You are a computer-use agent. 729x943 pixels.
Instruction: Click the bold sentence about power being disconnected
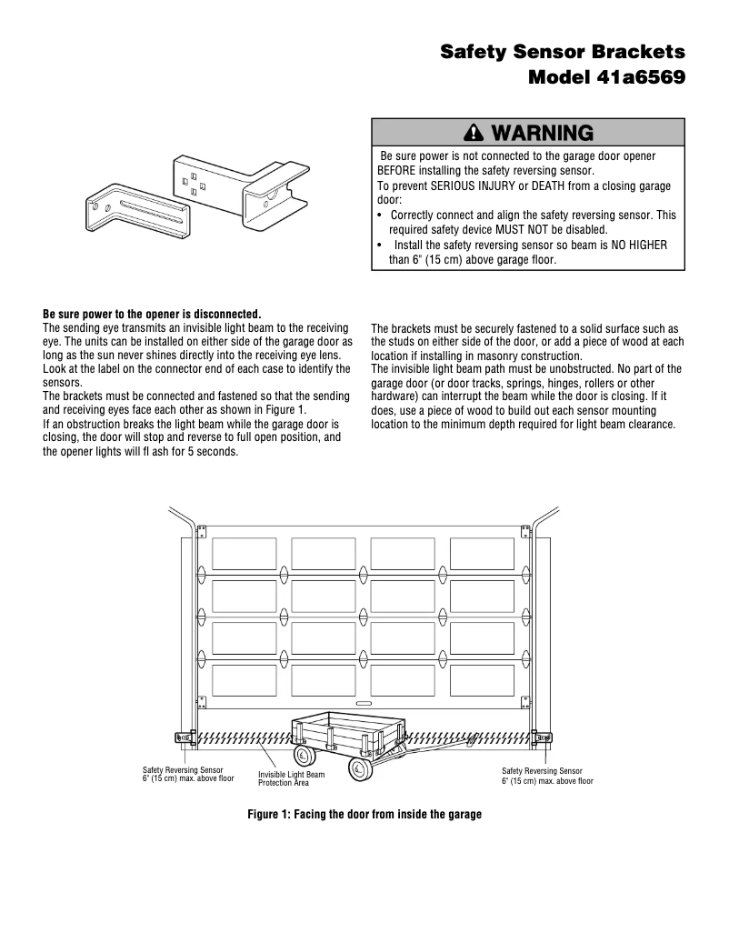[152, 314]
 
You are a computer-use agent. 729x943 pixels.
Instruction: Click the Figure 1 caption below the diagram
[364, 814]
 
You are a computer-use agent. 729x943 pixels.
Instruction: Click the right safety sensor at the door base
[545, 737]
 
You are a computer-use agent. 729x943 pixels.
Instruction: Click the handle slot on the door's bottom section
[364, 703]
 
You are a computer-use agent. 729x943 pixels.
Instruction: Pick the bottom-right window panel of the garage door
[482, 680]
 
